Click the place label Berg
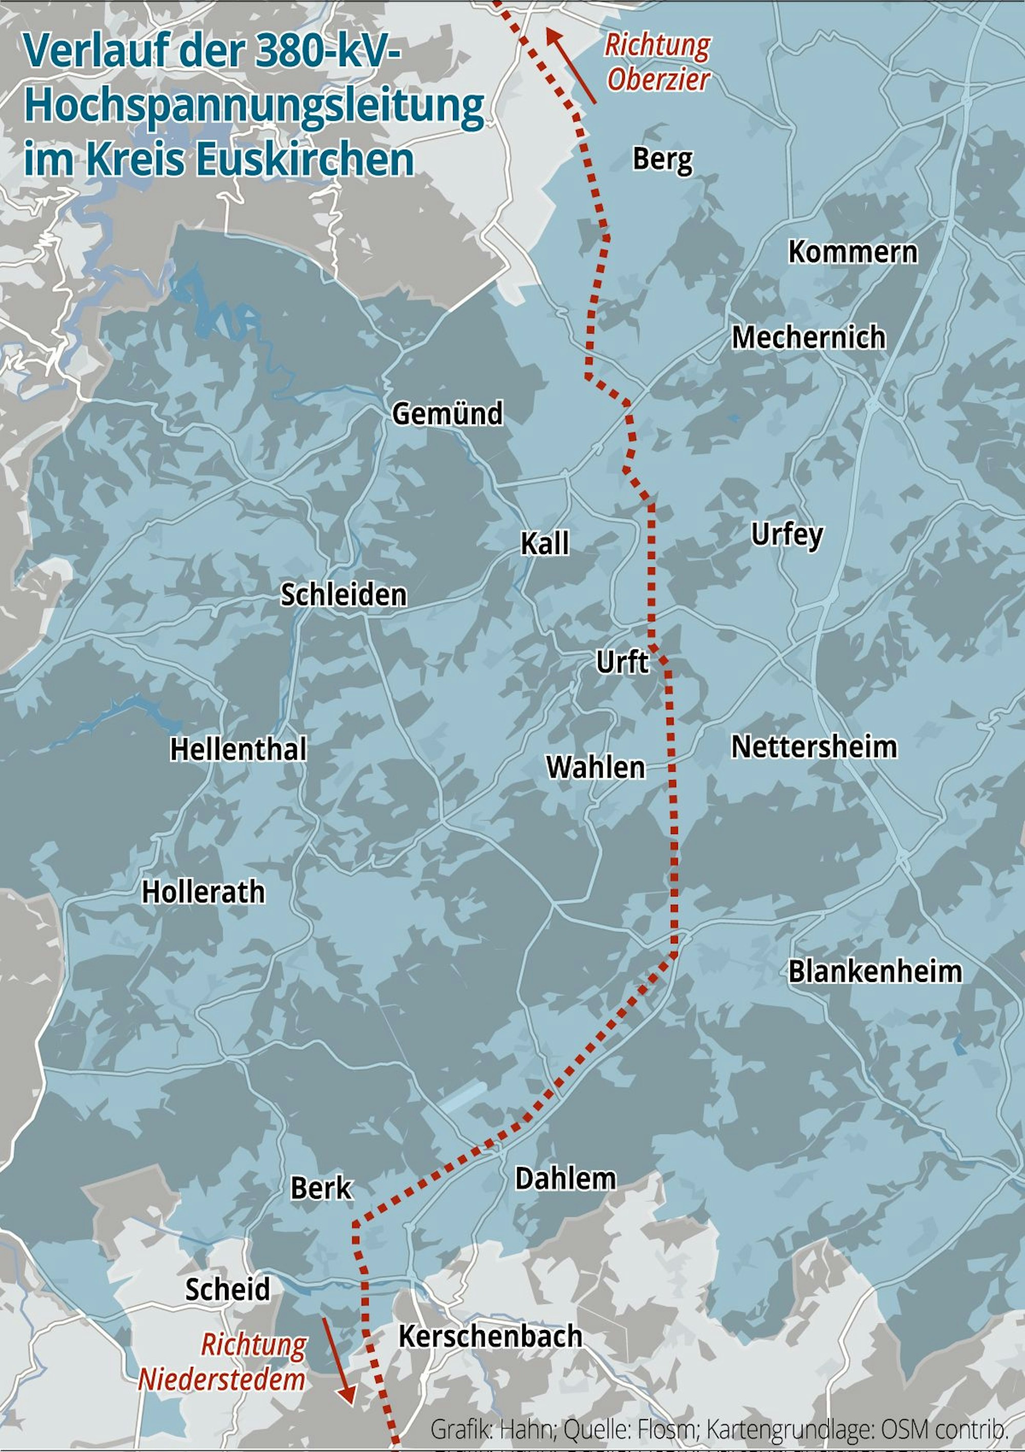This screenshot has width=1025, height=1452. [x=662, y=159]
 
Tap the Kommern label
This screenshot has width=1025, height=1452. [x=852, y=252]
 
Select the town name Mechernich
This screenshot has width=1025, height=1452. [x=808, y=337]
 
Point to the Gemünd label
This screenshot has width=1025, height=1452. [x=447, y=414]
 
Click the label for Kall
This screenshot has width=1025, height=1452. [x=544, y=543]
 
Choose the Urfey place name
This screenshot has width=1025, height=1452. [x=787, y=535]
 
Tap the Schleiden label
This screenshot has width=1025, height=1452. [x=343, y=595]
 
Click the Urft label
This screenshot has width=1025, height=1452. [x=622, y=663]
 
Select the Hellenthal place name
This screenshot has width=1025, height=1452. [x=238, y=750]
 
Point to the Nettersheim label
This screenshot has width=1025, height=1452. [x=814, y=747]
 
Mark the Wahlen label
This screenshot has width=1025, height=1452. [x=596, y=768]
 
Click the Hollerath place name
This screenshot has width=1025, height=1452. [x=203, y=892]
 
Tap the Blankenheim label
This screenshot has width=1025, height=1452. [x=874, y=972]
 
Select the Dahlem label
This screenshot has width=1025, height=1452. [x=565, y=1179]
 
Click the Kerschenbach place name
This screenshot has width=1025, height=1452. [x=490, y=1336]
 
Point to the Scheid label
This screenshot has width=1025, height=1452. [x=227, y=1289]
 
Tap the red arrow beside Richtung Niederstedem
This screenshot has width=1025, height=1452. [x=338, y=1360]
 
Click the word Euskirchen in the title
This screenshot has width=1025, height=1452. [x=305, y=159]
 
